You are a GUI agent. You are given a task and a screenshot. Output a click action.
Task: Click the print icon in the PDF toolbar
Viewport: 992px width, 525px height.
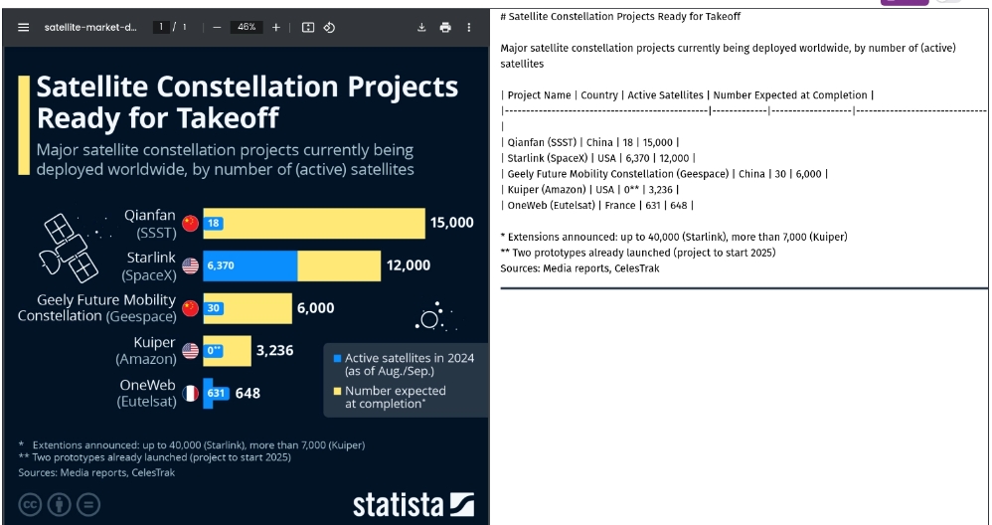click(x=445, y=27)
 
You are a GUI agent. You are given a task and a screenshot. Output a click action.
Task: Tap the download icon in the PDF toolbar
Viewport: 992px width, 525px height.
click(x=421, y=27)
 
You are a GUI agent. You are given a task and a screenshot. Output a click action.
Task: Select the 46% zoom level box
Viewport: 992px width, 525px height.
click(x=245, y=27)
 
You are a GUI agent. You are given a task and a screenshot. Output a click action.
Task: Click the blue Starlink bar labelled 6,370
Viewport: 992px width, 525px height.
click(x=249, y=265)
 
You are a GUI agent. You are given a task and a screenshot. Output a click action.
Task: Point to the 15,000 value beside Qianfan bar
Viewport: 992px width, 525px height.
click(x=451, y=223)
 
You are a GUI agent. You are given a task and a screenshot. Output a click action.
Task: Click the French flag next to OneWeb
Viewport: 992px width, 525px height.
click(x=190, y=393)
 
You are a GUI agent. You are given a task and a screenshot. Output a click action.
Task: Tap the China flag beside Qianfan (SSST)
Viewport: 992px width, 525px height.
click(x=190, y=224)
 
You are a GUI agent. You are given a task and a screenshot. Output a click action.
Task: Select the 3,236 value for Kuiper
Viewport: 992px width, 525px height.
click(x=274, y=350)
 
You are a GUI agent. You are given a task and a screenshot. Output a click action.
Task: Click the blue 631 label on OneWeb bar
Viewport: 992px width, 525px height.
click(x=217, y=393)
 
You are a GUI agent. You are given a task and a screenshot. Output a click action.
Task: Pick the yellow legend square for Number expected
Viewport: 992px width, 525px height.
click(x=337, y=392)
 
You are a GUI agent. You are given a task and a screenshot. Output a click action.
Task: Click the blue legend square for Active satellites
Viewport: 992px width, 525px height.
click(x=337, y=358)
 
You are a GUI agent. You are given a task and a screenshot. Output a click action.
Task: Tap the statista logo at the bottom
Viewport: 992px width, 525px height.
click(x=413, y=504)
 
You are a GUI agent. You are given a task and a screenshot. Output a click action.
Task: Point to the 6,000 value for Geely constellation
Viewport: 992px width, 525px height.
click(x=315, y=308)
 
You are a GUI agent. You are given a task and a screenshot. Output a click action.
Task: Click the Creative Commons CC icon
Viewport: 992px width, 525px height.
click(x=31, y=504)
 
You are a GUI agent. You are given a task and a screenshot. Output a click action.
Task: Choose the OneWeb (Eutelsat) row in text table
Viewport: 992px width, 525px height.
click(x=596, y=206)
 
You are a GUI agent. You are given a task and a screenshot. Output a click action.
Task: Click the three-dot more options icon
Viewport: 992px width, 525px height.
click(x=469, y=27)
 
